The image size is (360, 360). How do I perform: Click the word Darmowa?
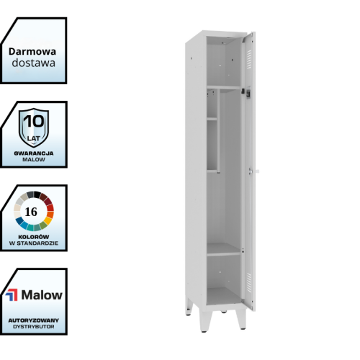(32, 52)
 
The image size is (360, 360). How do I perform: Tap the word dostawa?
(34, 63)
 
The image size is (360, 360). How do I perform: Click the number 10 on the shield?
(34, 121)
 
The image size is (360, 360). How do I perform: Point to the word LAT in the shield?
(34, 138)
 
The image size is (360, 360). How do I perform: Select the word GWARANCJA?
(34, 153)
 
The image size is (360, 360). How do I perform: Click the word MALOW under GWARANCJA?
(34, 160)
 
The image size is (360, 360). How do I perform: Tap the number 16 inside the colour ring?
(31, 212)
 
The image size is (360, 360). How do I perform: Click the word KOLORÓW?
(34, 237)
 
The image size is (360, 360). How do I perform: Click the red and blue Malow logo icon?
(12, 295)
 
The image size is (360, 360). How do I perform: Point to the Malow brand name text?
(42, 295)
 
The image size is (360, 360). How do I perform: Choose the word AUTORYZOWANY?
(34, 320)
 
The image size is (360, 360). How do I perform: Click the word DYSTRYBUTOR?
(34, 327)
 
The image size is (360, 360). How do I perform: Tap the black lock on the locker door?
(248, 94)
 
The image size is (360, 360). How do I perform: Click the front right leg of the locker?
(241, 319)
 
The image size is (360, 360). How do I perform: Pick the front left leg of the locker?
(205, 321)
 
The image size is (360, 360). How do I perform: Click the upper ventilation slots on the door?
(249, 60)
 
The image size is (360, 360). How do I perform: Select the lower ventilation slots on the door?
(249, 283)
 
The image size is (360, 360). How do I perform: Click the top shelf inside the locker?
(224, 87)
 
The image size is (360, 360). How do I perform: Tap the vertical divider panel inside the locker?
(218, 131)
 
